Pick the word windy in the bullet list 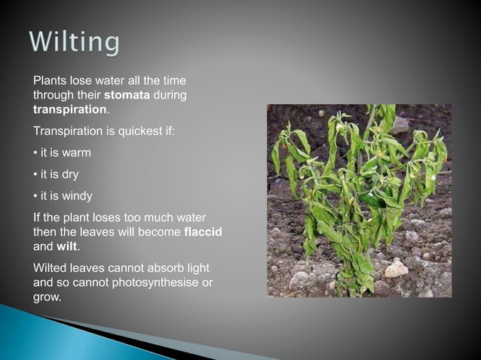click(x=77, y=197)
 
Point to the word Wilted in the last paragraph click(x=50, y=267)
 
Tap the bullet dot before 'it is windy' click(x=35, y=197)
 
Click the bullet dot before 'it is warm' click(x=35, y=153)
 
